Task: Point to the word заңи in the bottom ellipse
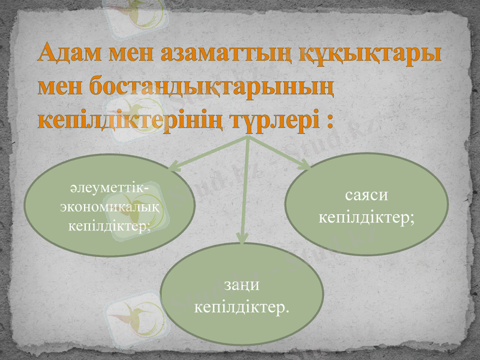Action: click(242, 287)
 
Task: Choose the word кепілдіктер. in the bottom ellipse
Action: click(242, 308)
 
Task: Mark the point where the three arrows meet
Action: click(247, 137)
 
